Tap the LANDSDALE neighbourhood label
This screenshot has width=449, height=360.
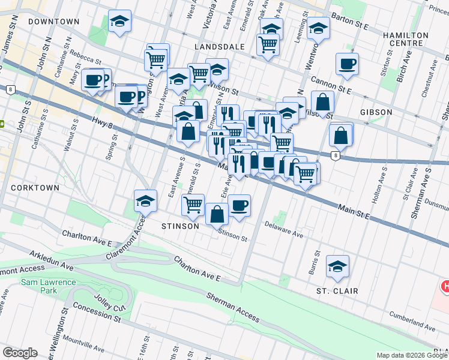pos(219,46)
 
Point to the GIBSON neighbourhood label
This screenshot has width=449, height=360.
pos(376,112)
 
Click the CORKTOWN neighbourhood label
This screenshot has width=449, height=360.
pos(35,188)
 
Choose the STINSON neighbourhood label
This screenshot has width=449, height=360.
pos(180,226)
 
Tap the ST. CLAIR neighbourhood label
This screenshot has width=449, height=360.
pos(337,291)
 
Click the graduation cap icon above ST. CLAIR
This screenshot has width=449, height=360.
pos(338,265)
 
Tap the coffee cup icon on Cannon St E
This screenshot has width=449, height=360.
pos(347,64)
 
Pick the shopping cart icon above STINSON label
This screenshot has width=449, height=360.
pos(193,205)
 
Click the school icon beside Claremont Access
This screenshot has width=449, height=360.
pos(145,200)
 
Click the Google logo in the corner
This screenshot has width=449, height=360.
pos(20,353)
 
